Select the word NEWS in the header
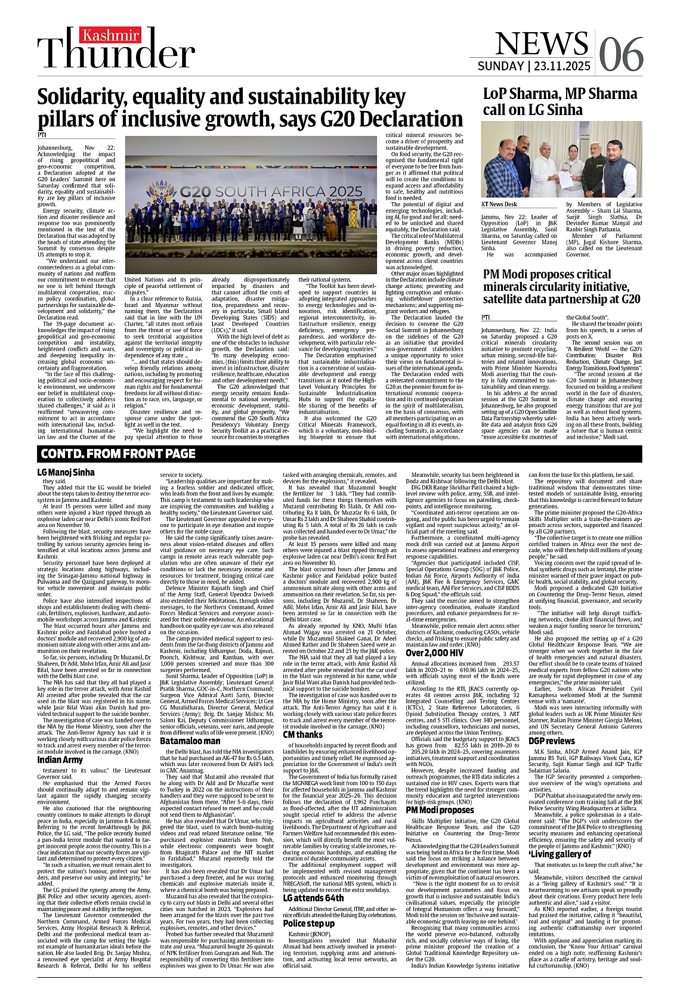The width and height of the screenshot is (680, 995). tap(541, 43)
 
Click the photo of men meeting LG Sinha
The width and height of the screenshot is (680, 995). tap(562, 159)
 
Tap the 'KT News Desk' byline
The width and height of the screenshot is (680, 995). tap(499, 204)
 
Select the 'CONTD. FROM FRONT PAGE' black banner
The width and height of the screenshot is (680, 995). tap(118, 454)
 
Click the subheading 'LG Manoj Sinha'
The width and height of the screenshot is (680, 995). tap(66, 472)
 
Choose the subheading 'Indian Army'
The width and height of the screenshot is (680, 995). tap(60, 760)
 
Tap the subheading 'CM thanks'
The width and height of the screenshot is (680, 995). tap(302, 734)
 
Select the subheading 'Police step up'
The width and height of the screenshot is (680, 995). tap(308, 923)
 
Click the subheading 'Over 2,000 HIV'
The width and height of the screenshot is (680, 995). tap(434, 653)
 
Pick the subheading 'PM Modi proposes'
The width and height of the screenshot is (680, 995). tap(440, 810)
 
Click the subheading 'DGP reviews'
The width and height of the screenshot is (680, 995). tap(551, 741)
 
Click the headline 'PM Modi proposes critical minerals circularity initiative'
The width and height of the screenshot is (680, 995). tap(561, 287)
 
